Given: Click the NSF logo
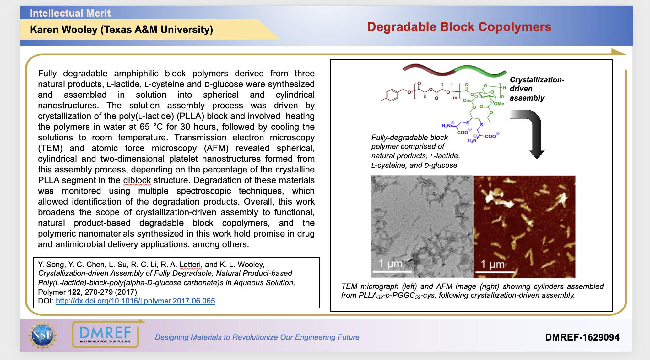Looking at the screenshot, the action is [x=42, y=335].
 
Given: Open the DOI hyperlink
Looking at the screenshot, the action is [x=135, y=301].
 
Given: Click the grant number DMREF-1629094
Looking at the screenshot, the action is [x=582, y=337].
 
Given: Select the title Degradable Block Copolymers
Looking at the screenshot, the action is [x=459, y=27].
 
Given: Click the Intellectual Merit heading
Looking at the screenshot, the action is [x=70, y=13].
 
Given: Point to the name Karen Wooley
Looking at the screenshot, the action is [x=64, y=30].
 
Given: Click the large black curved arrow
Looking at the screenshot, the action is [x=531, y=132].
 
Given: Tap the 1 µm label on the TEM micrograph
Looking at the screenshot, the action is [x=390, y=264].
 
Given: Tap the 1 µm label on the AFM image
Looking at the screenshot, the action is [x=493, y=264].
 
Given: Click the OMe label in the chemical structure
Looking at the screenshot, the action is [x=499, y=104].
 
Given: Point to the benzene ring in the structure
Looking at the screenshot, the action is [x=391, y=95].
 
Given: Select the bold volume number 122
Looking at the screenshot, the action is [x=74, y=292].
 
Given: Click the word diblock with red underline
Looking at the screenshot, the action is [x=137, y=180].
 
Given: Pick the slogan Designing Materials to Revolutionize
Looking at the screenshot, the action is [x=257, y=337].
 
